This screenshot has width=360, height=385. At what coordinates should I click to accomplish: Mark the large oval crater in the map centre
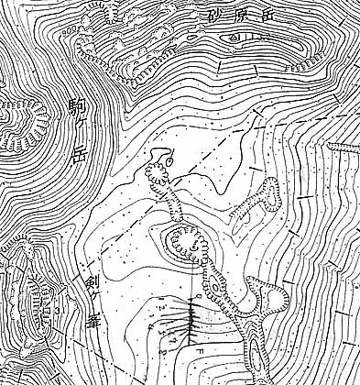(186, 242)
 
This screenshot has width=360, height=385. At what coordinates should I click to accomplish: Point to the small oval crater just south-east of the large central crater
(216, 291)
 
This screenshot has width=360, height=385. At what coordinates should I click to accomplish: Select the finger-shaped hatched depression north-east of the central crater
(259, 199)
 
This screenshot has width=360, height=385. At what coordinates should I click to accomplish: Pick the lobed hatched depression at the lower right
(266, 298)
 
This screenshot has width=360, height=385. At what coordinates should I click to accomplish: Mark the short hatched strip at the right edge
(343, 144)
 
